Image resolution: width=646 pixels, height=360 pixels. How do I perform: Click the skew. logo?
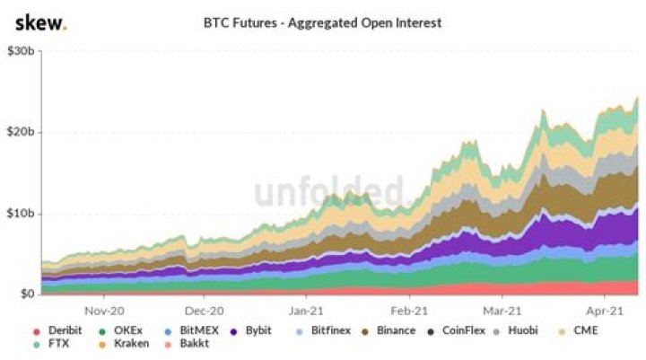click(40, 22)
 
